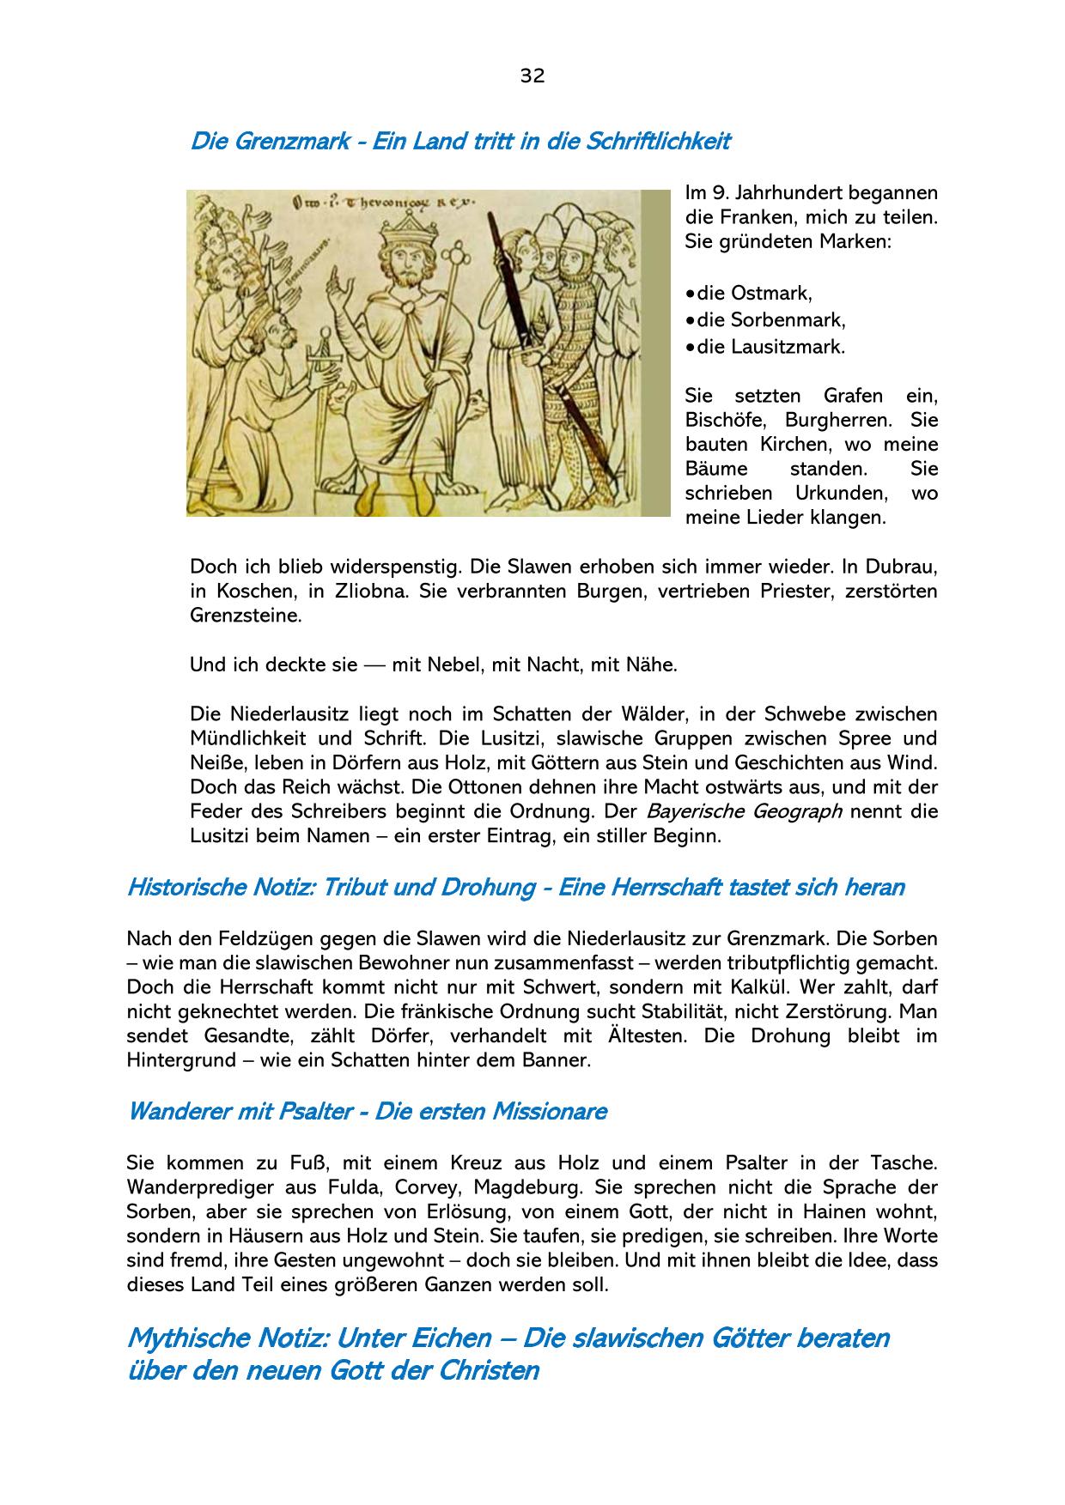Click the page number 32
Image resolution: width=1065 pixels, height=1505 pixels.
coord(532,76)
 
